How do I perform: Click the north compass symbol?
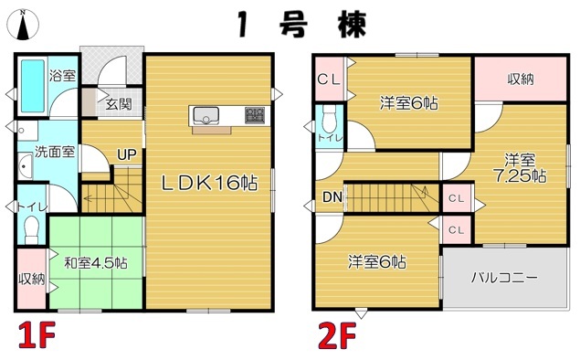pos(23,25)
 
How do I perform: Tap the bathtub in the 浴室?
pos(33,86)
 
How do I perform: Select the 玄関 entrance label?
pos(119,103)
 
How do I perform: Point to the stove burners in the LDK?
pos(255,115)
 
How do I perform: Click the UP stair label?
pos(127,154)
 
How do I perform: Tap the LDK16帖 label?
pos(209,183)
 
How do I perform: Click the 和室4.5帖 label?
pos(96,263)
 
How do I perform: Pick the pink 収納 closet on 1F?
pos(31,279)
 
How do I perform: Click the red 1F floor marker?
pos(37,334)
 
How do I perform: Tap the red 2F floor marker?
pos(338,335)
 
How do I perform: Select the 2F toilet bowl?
pos(329,119)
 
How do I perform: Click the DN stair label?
pos(332,197)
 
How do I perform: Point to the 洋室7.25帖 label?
pos(521,168)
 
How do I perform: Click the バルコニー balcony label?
pos(504,278)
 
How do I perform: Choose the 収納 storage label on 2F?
pos(521,79)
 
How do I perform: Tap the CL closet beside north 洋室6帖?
pos(329,79)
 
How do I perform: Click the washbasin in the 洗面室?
pos(26,166)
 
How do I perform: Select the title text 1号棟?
pos(301,25)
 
